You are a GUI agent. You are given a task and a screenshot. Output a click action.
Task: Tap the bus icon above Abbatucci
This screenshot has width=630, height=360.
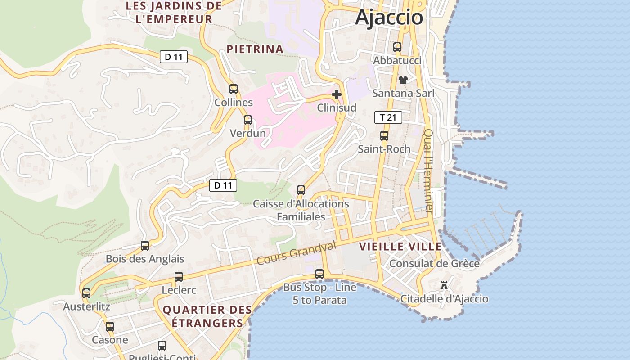397,47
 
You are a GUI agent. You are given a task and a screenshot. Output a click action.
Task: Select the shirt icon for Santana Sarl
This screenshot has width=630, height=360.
403,80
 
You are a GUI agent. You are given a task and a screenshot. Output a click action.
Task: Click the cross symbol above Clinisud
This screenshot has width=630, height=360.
336,94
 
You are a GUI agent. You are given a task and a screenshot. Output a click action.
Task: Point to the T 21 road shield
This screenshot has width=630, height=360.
388,118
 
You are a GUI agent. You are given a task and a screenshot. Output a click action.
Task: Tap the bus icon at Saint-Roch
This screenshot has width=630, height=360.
384,135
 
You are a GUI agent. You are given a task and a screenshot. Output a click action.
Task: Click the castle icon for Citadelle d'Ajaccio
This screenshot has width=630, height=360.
444,285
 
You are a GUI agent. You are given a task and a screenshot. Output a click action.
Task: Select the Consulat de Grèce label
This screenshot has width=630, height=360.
434,263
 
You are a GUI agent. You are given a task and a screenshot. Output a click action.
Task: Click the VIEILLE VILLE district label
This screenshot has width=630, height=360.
400,247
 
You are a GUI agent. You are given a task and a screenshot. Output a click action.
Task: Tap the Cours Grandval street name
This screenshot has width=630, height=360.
297,254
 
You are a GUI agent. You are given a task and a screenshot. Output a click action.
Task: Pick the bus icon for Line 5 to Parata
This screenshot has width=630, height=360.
319,274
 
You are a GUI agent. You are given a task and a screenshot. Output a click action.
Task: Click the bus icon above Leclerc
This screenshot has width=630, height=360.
179,276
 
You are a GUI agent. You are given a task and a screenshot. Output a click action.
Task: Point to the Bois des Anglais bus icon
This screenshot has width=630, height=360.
145,245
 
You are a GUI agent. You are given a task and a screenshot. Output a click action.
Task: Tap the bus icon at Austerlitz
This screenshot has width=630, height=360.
86,293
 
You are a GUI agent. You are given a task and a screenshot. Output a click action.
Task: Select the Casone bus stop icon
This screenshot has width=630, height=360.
110,326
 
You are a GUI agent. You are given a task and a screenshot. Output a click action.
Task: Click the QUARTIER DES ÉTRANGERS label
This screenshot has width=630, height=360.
207,316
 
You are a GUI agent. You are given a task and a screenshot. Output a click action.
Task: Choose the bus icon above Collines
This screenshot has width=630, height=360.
234,89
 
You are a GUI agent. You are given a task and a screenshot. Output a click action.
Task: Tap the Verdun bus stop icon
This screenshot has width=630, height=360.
248,120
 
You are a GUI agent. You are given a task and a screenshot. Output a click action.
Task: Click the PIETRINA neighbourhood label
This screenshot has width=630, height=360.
255,49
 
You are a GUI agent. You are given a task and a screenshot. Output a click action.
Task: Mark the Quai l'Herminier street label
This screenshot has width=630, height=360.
428,171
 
